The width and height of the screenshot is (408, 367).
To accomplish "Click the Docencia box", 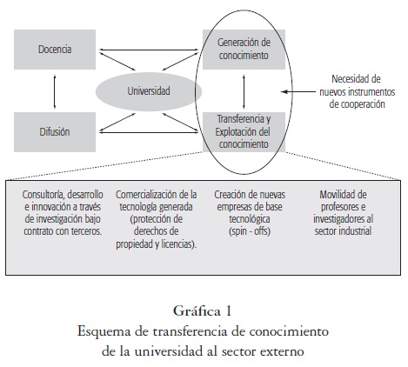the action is pos(55,50).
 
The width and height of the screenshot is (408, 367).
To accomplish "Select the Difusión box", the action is pos(55,132).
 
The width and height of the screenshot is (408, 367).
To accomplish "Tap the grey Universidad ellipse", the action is pos(149,91).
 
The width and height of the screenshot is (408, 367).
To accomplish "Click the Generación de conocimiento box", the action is pos(244,50).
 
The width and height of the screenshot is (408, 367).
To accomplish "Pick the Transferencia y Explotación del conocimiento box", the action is pos(244,132).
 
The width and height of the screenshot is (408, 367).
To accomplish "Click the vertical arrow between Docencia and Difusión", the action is pos(55,91).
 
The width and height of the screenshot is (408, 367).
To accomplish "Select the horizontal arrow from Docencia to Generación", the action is pos(149,50).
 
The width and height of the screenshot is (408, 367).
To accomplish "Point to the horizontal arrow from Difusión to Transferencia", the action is pos(149,132).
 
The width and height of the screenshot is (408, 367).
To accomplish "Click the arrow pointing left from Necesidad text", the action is pos(298,91).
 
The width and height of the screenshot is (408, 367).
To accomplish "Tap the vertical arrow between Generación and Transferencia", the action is pos(244,91).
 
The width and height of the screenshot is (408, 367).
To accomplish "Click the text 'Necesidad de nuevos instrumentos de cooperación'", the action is pos(358,91).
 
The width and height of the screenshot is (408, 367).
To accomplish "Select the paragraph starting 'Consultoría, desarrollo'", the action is pos(63,213).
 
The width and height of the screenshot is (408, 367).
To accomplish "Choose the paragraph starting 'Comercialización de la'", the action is pos(157,219).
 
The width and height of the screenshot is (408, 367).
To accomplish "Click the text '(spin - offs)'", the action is pos(250,231).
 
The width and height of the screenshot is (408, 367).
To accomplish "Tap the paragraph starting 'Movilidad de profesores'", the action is pos(344,213).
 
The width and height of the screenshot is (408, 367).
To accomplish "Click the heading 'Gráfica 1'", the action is pos(203,311).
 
